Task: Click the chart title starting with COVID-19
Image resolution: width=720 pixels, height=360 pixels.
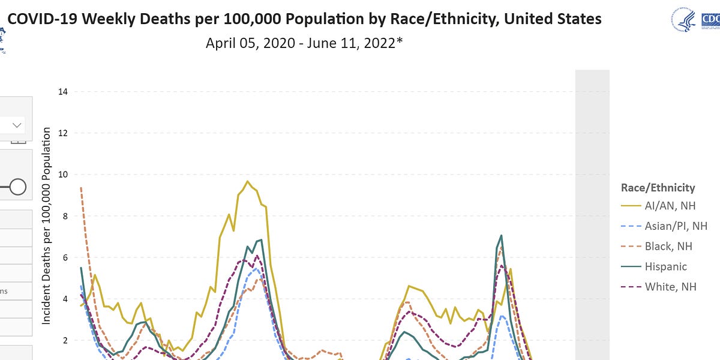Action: tap(305, 19)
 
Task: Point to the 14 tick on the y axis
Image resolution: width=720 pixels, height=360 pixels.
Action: tap(62, 92)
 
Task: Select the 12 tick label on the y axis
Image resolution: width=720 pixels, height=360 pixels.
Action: tap(62, 133)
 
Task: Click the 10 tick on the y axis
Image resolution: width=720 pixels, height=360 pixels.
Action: tap(62, 175)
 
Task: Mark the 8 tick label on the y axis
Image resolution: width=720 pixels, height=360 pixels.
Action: tap(64, 216)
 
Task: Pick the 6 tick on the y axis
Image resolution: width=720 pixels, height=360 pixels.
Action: tap(64, 257)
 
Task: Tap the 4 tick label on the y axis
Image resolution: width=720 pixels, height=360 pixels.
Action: tap(64, 299)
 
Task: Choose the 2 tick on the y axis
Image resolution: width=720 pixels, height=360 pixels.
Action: tap(64, 340)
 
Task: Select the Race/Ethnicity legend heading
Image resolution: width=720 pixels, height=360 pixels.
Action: tap(658, 188)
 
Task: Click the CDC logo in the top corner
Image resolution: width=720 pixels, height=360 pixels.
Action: tap(710, 19)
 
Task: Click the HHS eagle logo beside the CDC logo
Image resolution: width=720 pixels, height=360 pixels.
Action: tap(683, 19)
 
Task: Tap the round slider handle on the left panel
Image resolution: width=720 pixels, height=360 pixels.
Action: tap(17, 187)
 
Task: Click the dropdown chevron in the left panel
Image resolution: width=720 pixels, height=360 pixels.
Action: tap(17, 125)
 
